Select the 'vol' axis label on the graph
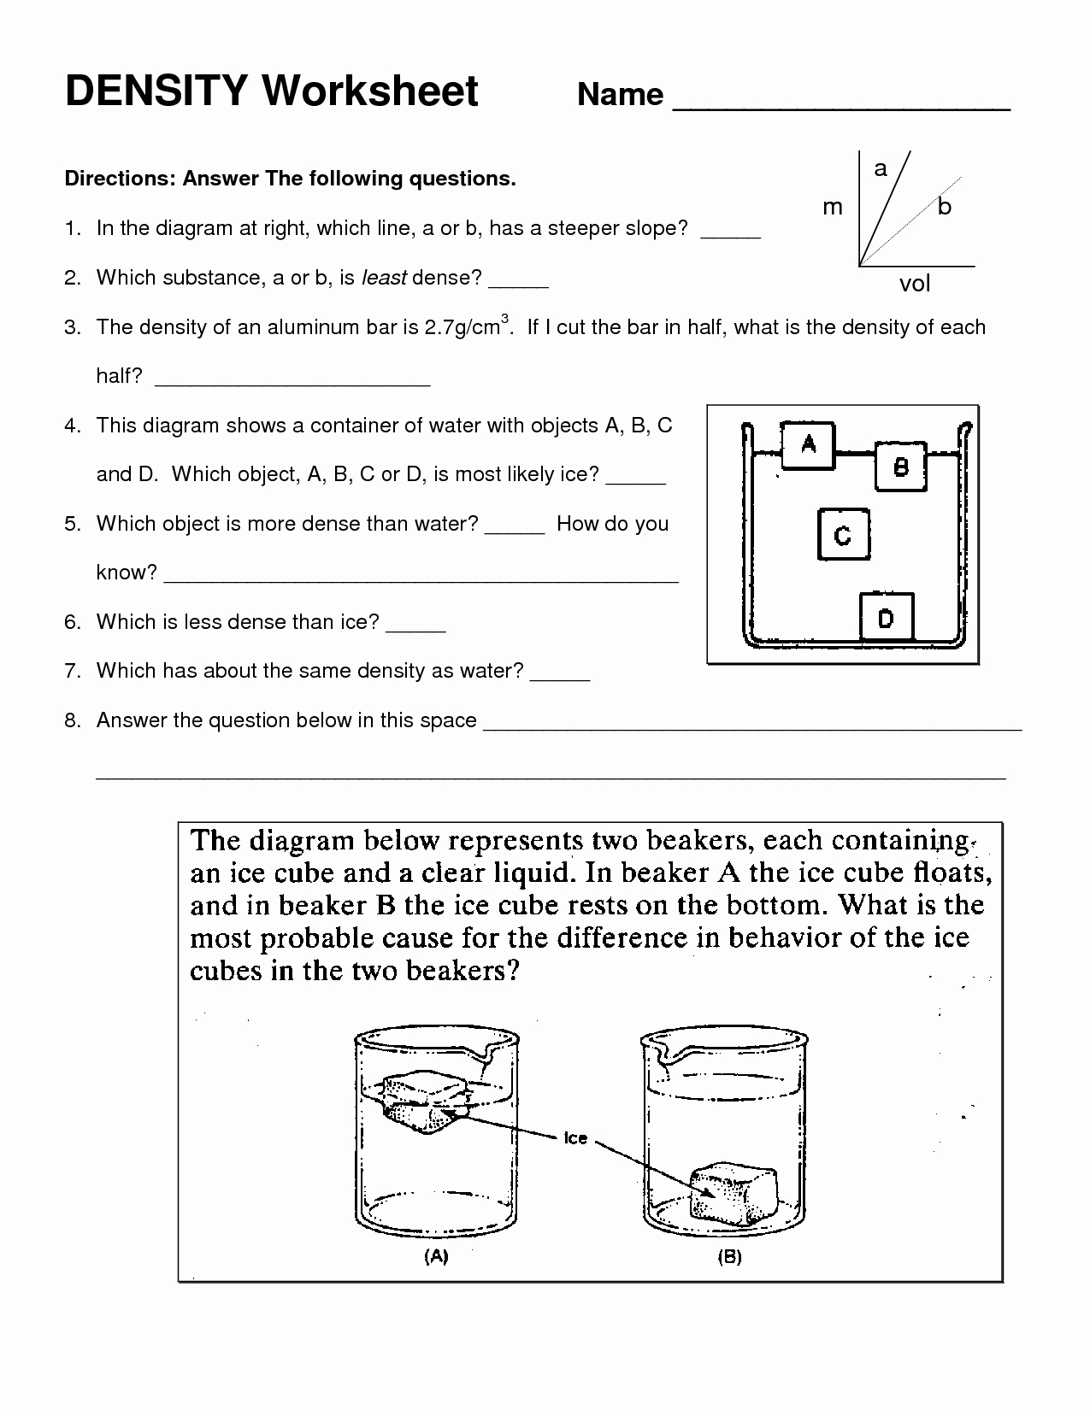pos(914,284)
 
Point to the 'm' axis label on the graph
pos(832,207)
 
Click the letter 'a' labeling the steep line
pos(881,168)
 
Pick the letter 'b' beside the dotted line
pos(944,207)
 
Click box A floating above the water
pos(808,444)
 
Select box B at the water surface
pos(900,467)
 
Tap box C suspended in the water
pos(843,535)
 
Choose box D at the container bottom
pos(886,617)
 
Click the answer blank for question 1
pos(730,232)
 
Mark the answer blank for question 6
pos(415,626)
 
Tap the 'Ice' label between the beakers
pos(575,1137)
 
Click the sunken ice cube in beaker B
pos(734,1193)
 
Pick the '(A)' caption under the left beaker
pos(436,1256)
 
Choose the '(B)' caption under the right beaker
pos(729,1256)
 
